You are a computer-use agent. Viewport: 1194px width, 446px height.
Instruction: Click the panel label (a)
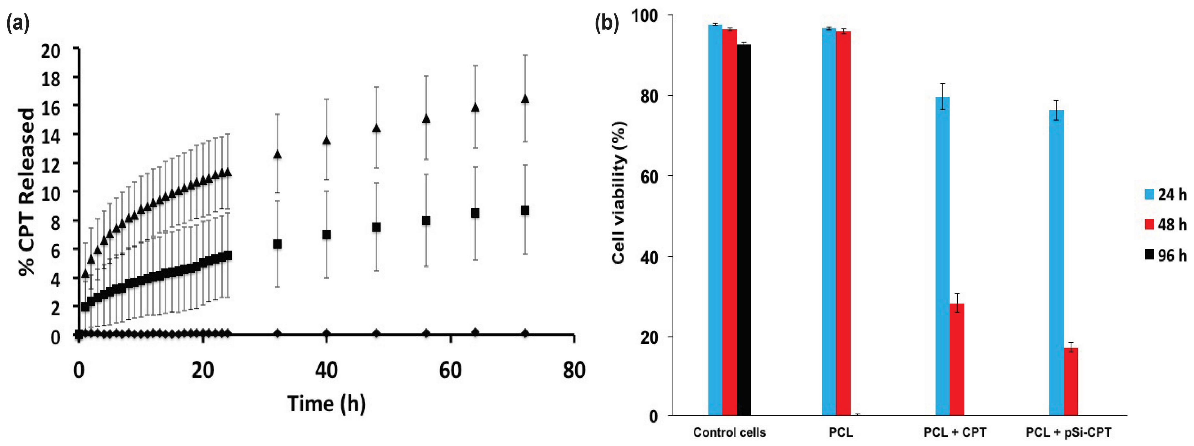pyautogui.click(x=18, y=23)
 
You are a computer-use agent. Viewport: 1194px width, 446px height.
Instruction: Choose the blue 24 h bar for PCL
pyautogui.click(x=829, y=222)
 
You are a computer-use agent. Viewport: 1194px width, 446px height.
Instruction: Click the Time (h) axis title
pyautogui.click(x=326, y=403)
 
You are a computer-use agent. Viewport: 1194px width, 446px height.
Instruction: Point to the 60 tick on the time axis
pyautogui.click(x=450, y=371)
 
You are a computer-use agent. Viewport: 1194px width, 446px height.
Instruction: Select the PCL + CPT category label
pyautogui.click(x=955, y=432)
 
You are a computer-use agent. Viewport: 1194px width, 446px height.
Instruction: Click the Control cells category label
pyautogui.click(x=729, y=432)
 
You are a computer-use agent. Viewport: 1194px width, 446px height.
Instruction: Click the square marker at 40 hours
pyautogui.click(x=326, y=235)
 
